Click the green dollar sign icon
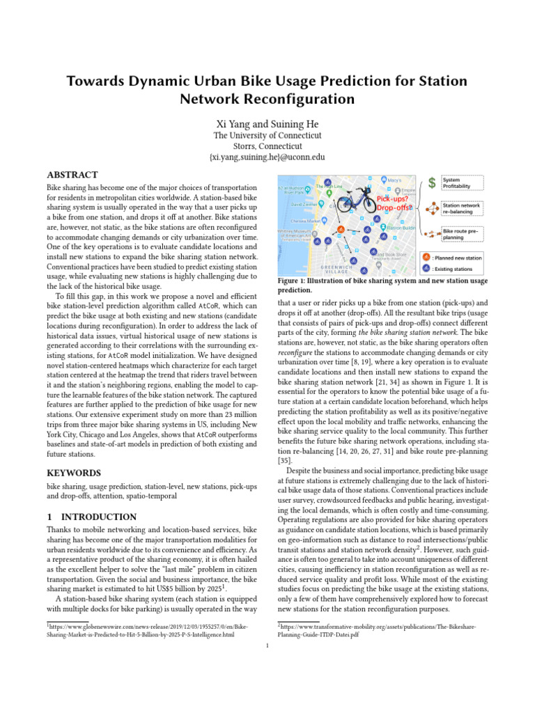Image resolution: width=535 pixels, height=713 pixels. coord(431,183)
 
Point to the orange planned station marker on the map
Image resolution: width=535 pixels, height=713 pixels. coord(340,229)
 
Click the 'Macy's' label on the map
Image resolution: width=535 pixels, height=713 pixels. coord(394,180)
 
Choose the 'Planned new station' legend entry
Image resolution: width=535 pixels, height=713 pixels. coord(456,257)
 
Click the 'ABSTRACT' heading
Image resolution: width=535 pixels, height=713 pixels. coord(72,175)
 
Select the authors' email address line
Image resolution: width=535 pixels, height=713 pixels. coord(267,157)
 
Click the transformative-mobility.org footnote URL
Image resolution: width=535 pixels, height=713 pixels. coord(376,631)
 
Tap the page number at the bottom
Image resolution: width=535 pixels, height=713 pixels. coord(267,645)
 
